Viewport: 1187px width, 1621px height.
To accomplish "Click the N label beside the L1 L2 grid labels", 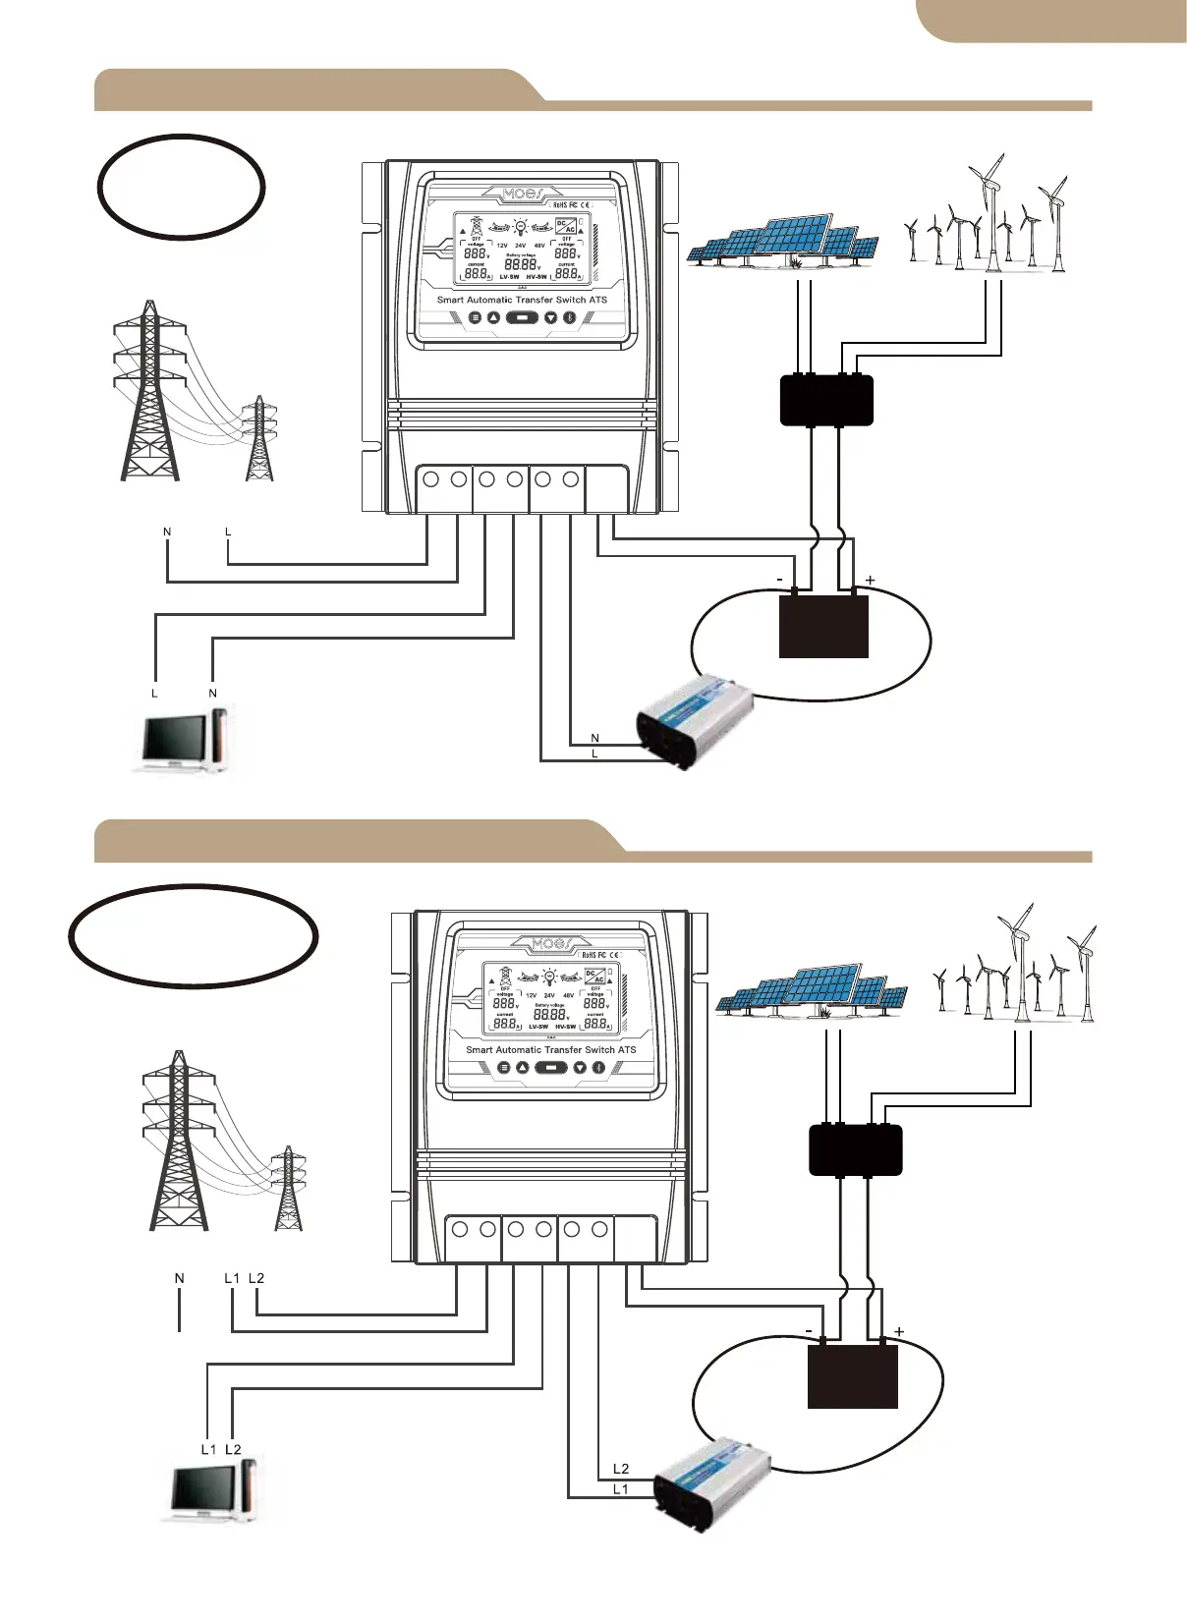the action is click(x=180, y=1278).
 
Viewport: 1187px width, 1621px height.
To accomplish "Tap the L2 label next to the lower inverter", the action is click(x=621, y=1469).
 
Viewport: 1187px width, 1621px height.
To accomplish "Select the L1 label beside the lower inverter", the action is click(x=620, y=1489).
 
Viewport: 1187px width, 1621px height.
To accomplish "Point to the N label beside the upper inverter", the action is click(x=595, y=738).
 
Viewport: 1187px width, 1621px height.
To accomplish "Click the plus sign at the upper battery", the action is click(x=870, y=581).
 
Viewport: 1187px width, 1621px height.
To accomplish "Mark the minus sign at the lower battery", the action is click(x=809, y=1331).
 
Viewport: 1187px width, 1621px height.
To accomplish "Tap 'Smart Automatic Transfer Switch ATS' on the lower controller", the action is click(x=551, y=1049).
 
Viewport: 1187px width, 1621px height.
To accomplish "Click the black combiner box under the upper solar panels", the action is click(x=826, y=400).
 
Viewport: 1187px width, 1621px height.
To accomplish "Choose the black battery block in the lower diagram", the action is click(x=853, y=1375).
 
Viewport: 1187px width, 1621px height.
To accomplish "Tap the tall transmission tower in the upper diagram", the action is click(x=149, y=393).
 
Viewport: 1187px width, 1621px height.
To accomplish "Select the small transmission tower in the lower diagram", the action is click(x=288, y=1189).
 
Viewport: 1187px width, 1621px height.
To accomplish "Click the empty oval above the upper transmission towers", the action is click(x=182, y=187).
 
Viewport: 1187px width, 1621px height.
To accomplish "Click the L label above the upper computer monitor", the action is click(x=154, y=694).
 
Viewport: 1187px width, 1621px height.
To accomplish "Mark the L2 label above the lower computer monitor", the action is click(x=233, y=1449).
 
